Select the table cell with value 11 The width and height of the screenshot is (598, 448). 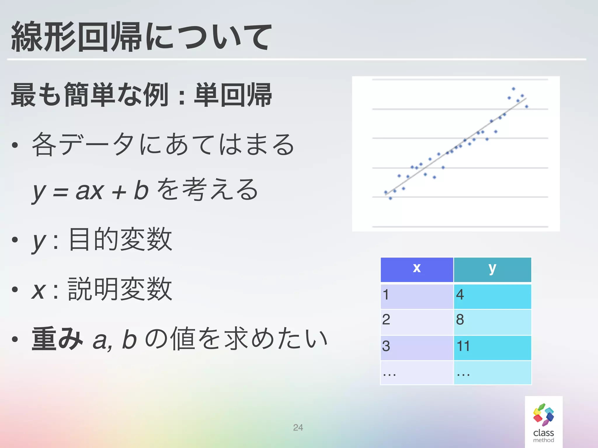pos(492,347)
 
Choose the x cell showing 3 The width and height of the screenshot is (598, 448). pos(417,347)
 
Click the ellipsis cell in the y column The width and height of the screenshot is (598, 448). pos(492,372)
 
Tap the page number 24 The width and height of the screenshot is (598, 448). pos(298,427)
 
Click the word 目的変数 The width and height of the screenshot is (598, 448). pos(120,240)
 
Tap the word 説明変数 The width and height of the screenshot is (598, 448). pos(120,289)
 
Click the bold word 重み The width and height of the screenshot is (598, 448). pos(57,339)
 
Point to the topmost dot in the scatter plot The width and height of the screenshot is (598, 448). pos(513,89)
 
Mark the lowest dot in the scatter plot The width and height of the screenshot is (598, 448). pos(390,198)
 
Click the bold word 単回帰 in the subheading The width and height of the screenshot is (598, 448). pos(233,95)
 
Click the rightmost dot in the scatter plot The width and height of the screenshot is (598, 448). pos(526,106)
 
